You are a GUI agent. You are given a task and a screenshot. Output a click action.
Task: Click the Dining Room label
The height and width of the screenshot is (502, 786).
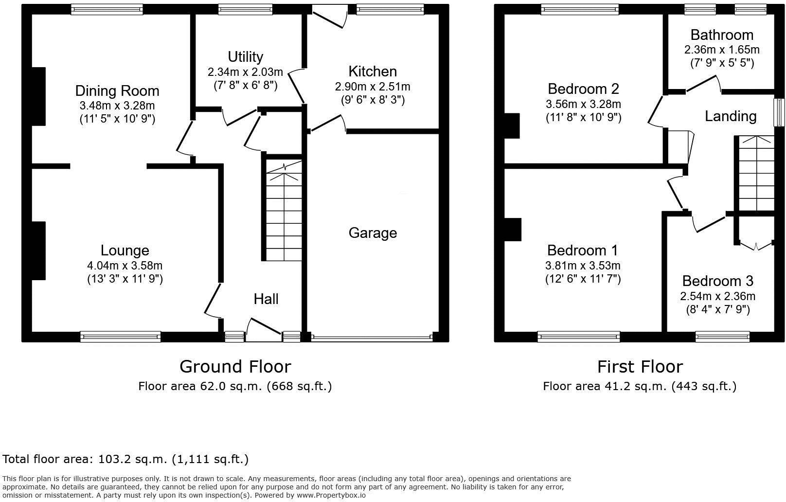click(x=117, y=91)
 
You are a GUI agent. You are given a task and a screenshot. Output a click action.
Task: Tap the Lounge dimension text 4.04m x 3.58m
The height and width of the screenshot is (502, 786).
click(x=125, y=266)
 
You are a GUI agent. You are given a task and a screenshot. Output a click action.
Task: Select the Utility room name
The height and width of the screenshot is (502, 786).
click(x=245, y=57)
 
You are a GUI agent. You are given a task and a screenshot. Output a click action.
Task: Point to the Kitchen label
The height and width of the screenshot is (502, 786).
click(x=373, y=72)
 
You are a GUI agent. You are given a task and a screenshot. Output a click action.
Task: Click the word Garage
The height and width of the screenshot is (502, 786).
click(x=373, y=233)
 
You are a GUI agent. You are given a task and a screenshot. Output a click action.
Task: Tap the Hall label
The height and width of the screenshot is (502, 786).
click(x=266, y=299)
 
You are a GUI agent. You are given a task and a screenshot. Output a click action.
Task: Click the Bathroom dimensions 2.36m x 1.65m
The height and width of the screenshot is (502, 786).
click(x=722, y=50)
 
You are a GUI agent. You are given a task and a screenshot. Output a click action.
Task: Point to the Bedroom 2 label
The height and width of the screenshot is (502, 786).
click(x=583, y=89)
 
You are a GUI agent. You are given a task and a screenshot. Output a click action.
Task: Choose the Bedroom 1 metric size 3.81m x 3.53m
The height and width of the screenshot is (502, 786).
click(x=583, y=266)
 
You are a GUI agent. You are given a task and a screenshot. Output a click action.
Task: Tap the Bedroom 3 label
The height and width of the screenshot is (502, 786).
click(x=717, y=281)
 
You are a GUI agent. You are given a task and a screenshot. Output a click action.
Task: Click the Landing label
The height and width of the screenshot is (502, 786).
click(x=731, y=116)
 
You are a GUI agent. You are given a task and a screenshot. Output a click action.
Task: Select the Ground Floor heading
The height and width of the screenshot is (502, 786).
click(x=235, y=366)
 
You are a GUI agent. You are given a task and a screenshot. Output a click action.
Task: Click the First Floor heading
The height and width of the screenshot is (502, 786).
click(x=640, y=366)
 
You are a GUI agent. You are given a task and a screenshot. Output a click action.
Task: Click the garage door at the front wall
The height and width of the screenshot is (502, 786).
click(x=372, y=337)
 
